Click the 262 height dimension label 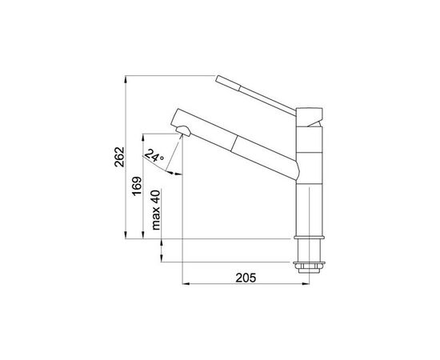point(118,158)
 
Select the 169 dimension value point(138,186)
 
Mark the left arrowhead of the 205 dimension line point(186,284)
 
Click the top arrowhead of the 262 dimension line point(128,79)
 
